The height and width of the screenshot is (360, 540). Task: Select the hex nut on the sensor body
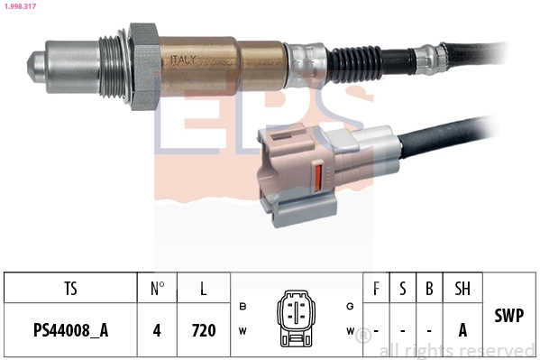144,67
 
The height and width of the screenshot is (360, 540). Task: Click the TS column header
70,289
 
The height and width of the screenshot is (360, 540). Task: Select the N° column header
157,289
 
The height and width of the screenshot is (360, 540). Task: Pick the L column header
204,289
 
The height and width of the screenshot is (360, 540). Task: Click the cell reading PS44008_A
70,330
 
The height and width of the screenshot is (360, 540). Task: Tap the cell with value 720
204,330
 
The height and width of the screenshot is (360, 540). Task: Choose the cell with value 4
157,330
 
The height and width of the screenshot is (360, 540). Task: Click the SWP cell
508,317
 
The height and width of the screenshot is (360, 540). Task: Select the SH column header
462,289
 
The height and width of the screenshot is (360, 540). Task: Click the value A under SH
462,330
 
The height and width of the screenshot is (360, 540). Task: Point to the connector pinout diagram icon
295,318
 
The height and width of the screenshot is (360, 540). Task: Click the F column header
375,289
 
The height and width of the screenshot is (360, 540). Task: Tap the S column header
403,289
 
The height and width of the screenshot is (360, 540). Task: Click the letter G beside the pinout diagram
350,306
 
